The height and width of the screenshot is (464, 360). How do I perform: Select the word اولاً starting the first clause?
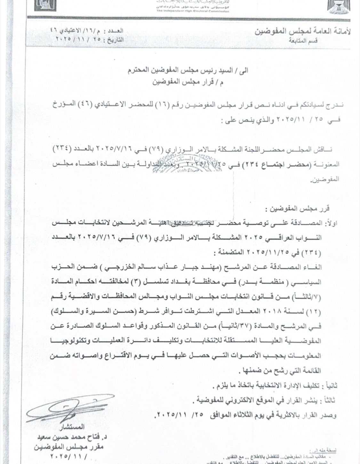(331, 224)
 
